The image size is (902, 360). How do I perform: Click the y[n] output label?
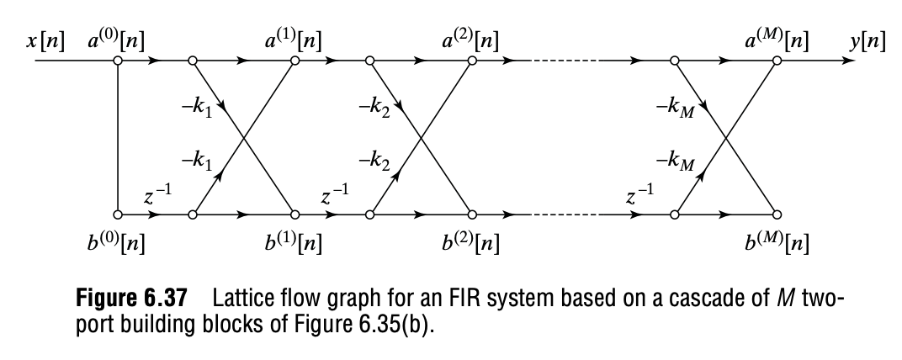coord(867,41)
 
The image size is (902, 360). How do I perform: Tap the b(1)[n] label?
coord(294,245)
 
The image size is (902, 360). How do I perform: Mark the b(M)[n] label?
coord(775,245)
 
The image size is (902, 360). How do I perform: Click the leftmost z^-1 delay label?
coord(157,199)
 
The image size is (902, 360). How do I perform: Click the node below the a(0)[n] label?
coord(118,61)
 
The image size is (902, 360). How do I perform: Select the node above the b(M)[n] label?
coord(776,214)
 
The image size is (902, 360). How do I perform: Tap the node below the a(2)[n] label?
coord(472,61)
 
